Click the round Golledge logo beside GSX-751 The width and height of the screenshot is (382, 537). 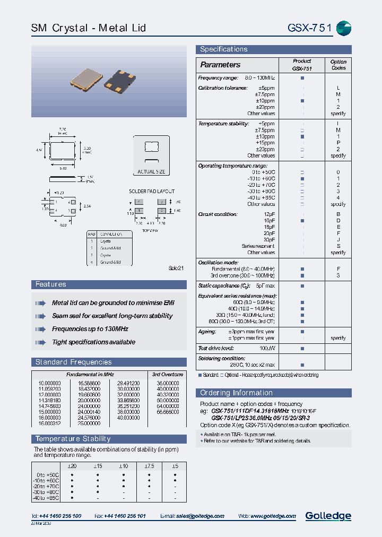click(x=344, y=28)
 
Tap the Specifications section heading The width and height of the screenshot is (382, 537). click(x=223, y=49)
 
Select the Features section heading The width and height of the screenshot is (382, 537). click(x=51, y=284)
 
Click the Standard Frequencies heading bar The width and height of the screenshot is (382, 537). click(x=73, y=362)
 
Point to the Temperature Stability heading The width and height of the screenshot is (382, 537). click(x=73, y=438)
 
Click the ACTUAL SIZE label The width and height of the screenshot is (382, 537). click(x=151, y=172)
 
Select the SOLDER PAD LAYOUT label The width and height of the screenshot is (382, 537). click(x=152, y=191)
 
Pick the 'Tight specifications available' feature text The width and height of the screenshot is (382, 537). click(x=93, y=342)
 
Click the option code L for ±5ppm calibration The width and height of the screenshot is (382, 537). click(x=338, y=88)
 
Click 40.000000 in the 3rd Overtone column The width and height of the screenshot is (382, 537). click(x=168, y=388)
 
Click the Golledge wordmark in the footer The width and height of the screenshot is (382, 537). click(x=328, y=516)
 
